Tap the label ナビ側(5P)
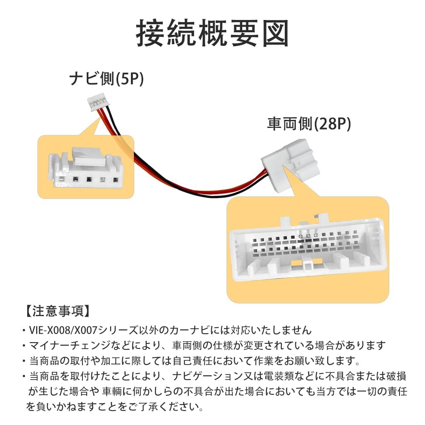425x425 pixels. [x=107, y=79]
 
